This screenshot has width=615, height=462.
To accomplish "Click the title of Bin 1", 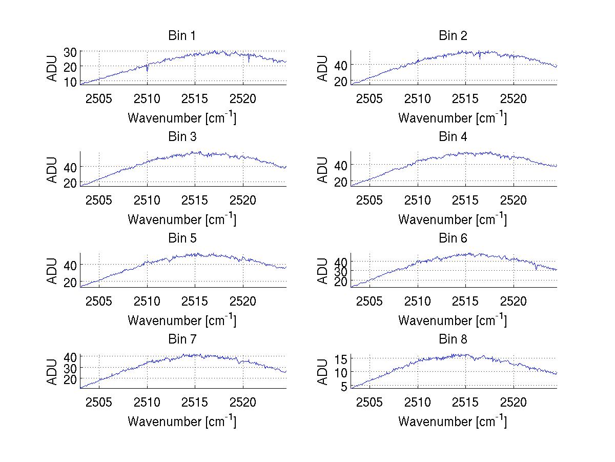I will click(x=182, y=35).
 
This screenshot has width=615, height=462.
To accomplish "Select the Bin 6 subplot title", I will click(x=453, y=238).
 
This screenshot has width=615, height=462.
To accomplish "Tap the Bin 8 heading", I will click(x=453, y=339).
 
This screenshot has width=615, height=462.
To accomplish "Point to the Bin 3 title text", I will click(x=182, y=137).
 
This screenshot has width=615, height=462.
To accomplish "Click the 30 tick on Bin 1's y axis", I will click(x=70, y=52).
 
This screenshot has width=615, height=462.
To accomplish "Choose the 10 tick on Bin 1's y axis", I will click(x=70, y=82).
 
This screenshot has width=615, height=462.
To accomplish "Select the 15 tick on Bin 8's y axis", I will click(x=341, y=358).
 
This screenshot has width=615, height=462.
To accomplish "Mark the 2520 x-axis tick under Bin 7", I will click(x=243, y=401).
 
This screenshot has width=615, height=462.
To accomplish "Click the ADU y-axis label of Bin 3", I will click(x=52, y=169).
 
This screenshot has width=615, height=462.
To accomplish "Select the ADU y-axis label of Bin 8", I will click(x=323, y=371).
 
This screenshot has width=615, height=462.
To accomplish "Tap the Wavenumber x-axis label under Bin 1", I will click(x=182, y=118).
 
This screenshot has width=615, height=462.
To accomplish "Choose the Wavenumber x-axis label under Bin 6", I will click(x=453, y=320).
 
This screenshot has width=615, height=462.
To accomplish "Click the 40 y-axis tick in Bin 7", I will click(x=70, y=356).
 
